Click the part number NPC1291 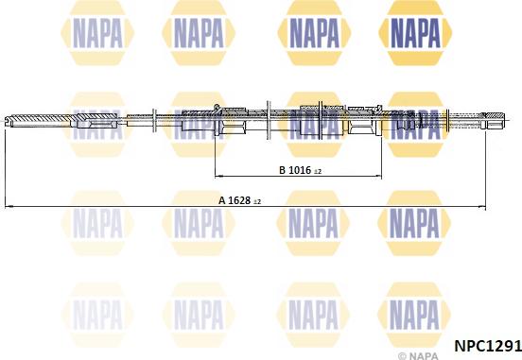click(x=488, y=346)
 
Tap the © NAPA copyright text click(x=418, y=356)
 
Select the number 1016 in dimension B click(x=300, y=170)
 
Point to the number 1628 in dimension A click(x=239, y=200)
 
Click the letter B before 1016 click(x=283, y=170)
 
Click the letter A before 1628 click(x=222, y=200)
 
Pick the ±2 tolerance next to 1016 click(x=318, y=172)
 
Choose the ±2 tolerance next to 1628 click(x=257, y=202)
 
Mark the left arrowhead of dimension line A click(x=9, y=207)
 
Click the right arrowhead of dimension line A click(x=482, y=207)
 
